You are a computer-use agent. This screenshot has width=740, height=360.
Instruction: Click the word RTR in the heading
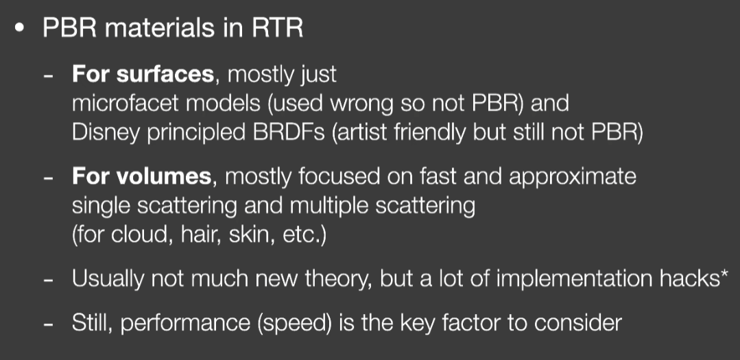point(278,28)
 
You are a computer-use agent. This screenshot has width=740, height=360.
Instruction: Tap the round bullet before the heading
point(19,28)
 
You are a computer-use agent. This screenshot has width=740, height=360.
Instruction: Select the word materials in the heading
point(160,28)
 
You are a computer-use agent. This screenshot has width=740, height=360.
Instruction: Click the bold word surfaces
point(165,75)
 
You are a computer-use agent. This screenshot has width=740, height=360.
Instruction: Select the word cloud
point(140,235)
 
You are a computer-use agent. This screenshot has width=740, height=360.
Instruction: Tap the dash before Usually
point(48,281)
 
